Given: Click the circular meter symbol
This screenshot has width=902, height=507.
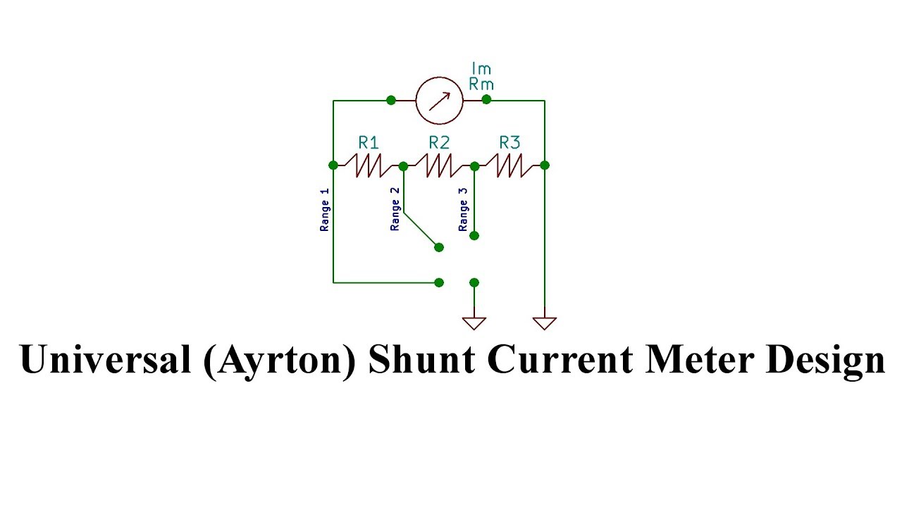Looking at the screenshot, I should [439, 101].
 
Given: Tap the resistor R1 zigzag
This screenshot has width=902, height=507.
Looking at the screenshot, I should [368, 166].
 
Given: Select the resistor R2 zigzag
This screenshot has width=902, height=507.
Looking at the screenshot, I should [438, 166].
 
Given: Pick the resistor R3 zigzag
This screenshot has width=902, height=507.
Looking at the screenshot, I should [509, 166].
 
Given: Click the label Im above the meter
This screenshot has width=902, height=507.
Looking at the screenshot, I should [481, 69].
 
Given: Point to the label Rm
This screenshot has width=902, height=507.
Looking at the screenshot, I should [481, 84].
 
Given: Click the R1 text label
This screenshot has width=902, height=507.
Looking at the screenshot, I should [369, 142].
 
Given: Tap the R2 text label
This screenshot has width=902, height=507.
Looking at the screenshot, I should [439, 142].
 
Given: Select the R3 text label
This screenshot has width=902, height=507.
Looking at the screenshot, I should [509, 142].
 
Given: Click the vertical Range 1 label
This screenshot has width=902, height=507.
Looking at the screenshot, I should [325, 210].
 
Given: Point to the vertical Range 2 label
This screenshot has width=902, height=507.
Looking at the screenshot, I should [395, 210].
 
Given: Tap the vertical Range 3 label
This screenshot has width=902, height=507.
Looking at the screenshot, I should [463, 210].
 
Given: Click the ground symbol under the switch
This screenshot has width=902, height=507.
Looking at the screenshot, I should [474, 323].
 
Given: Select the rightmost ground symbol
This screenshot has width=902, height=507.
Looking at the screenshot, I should [545, 323].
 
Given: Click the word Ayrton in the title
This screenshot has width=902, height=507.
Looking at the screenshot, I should [280, 360].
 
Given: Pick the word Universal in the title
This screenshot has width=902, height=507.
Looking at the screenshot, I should [106, 359].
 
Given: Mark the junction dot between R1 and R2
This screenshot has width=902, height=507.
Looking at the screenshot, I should [403, 166].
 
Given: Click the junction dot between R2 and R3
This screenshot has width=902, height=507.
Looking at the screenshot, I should [474, 166].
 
